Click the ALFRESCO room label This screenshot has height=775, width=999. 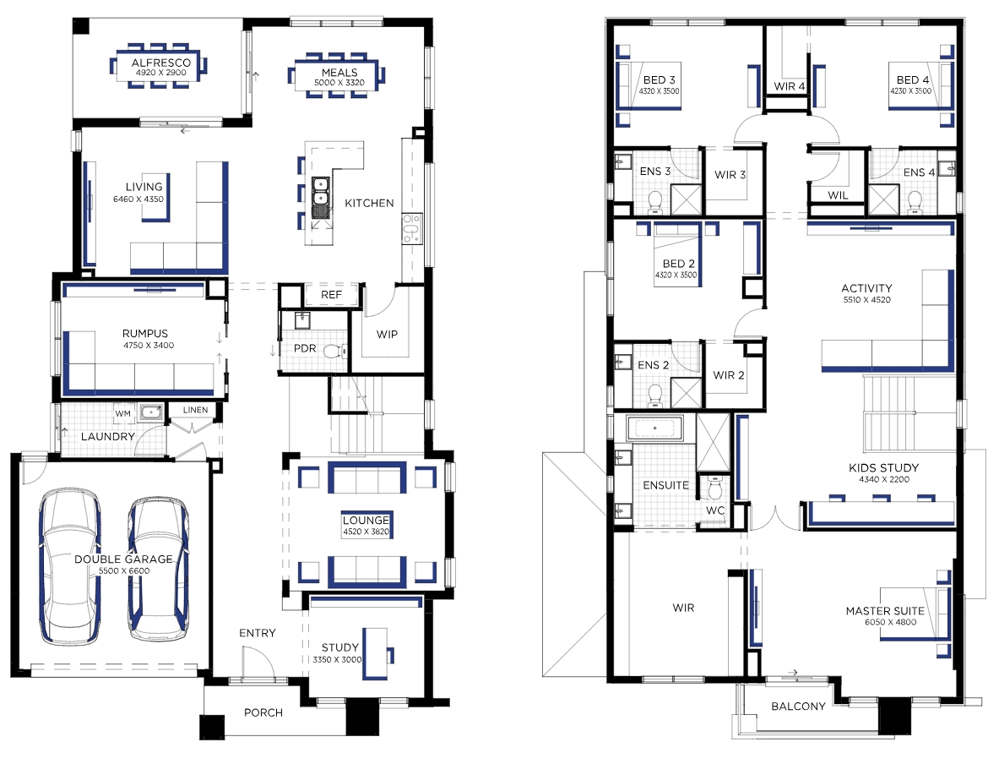[x=161, y=63]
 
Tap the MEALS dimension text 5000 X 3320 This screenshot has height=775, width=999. [x=339, y=83]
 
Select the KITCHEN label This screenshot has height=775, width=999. [x=370, y=203]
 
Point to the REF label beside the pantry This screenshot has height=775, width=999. [x=331, y=295]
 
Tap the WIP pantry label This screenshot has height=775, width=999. [x=388, y=334]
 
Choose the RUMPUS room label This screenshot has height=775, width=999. [x=145, y=334]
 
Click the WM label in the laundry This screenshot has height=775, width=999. [x=123, y=414]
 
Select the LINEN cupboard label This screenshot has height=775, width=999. [x=196, y=410]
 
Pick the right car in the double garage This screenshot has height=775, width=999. [x=158, y=568]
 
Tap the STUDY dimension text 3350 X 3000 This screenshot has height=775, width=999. [x=338, y=659]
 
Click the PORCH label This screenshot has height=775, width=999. [x=263, y=712]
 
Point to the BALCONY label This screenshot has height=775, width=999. [x=798, y=706]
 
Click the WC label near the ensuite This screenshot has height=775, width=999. [x=715, y=510]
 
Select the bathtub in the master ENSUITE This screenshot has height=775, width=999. [x=655, y=428]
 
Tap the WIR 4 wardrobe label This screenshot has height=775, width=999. [x=790, y=86]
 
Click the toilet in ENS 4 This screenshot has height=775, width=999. [x=915, y=201]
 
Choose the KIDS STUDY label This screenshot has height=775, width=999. [x=883, y=467]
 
